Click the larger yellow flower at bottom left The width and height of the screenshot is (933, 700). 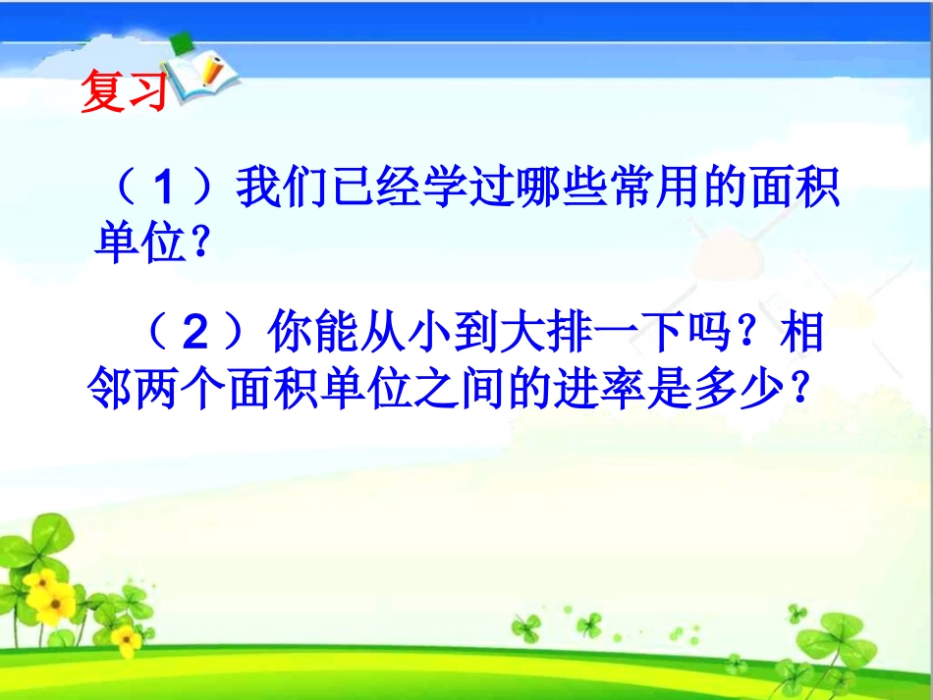point(49,594)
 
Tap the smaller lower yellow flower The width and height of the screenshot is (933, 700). point(126,640)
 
